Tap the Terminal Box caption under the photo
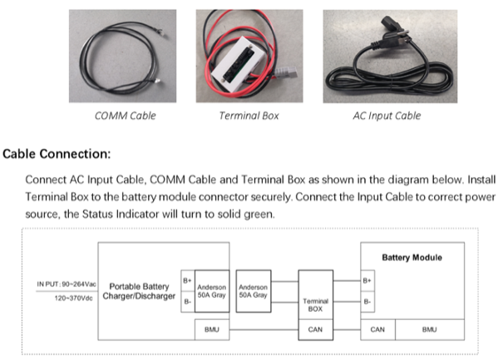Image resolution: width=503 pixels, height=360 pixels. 249,116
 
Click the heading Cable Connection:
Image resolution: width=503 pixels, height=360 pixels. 57,154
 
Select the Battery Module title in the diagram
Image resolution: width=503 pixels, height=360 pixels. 412,257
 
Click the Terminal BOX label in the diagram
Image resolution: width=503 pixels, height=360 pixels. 315,303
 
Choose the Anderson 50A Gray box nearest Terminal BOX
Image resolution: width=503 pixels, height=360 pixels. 252,291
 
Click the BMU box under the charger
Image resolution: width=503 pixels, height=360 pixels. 211,329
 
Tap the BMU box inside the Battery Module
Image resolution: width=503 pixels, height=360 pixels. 429,329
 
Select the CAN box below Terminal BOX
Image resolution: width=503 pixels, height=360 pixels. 315,329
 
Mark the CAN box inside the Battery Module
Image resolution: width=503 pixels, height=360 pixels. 377,329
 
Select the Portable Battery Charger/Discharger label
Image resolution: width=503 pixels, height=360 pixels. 137,291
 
